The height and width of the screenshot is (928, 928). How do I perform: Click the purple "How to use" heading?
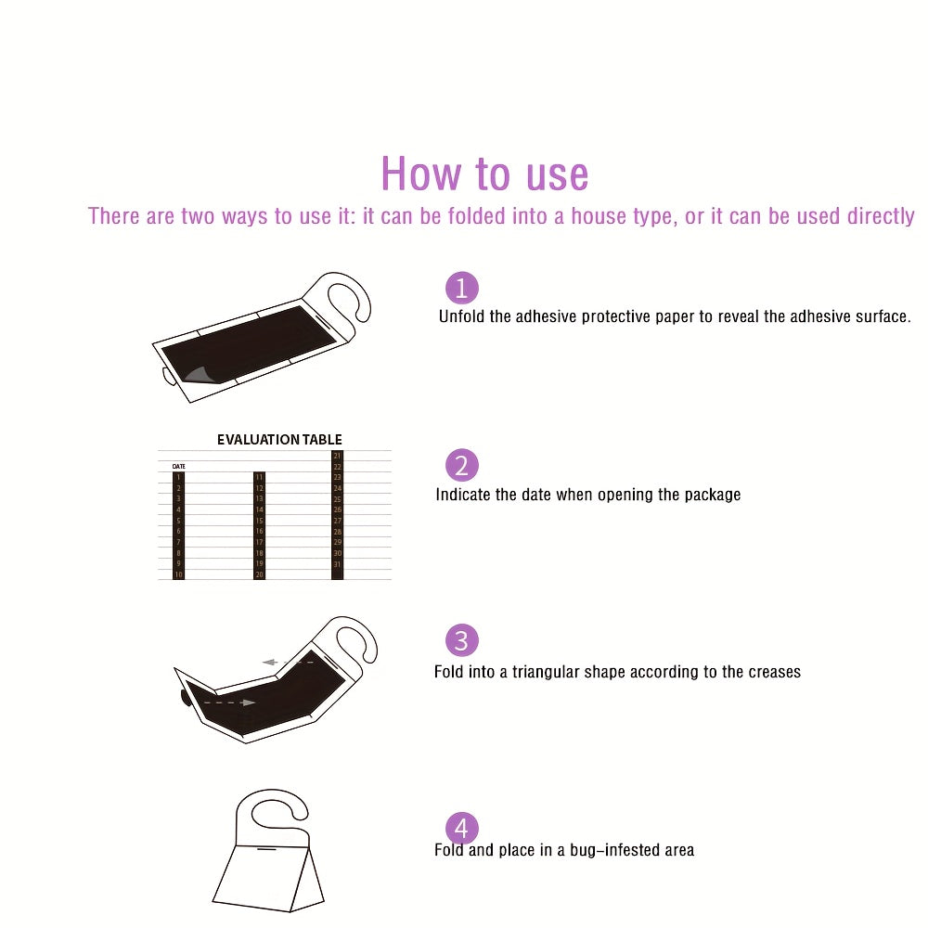484,174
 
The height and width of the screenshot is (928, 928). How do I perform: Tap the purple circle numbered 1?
462,288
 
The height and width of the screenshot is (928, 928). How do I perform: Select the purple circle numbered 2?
462,465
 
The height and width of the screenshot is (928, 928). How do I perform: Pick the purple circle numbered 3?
462,641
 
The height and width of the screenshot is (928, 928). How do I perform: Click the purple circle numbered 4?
462,829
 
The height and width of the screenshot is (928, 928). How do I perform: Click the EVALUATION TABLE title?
279,440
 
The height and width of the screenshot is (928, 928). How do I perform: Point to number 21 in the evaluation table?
337,456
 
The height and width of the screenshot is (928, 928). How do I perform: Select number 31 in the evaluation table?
337,564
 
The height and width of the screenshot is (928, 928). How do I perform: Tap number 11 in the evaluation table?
260,477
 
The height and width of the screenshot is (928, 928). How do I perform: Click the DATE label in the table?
178,466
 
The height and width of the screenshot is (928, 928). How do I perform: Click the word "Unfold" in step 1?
461,316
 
